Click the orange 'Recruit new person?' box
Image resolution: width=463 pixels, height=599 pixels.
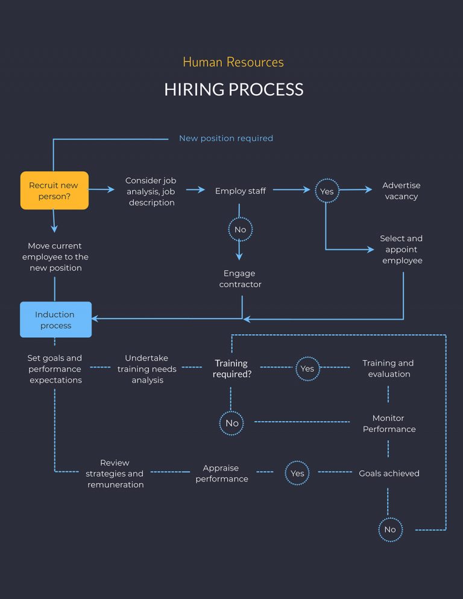(54, 191)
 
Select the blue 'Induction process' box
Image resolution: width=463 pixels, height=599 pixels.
(55, 320)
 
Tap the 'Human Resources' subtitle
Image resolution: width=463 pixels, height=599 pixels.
(233, 62)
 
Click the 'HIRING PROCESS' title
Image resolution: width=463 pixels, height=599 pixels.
(233, 90)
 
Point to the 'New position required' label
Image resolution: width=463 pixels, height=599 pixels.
(225, 138)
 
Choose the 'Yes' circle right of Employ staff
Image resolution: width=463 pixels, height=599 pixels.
(326, 191)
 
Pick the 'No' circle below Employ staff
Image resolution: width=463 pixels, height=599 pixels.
(240, 230)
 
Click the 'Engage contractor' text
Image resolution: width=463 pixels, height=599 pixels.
(240, 279)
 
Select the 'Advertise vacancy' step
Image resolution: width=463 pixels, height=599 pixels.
(401, 191)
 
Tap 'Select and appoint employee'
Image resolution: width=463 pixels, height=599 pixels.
(401, 249)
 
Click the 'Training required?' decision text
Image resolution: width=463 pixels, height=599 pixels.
(231, 369)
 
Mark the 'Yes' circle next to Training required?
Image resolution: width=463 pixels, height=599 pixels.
(307, 369)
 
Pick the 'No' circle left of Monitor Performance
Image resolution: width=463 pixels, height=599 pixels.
(232, 423)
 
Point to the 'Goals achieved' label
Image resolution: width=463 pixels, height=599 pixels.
(389, 474)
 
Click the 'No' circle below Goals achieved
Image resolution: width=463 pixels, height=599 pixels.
(390, 530)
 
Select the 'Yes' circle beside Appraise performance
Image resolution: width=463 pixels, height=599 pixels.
(297, 474)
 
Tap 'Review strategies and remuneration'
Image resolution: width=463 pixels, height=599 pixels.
(115, 474)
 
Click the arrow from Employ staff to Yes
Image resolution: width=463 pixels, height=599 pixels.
(291, 190)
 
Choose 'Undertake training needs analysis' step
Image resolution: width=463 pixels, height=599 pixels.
(147, 369)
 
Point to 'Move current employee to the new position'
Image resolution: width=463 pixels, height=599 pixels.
(55, 256)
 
